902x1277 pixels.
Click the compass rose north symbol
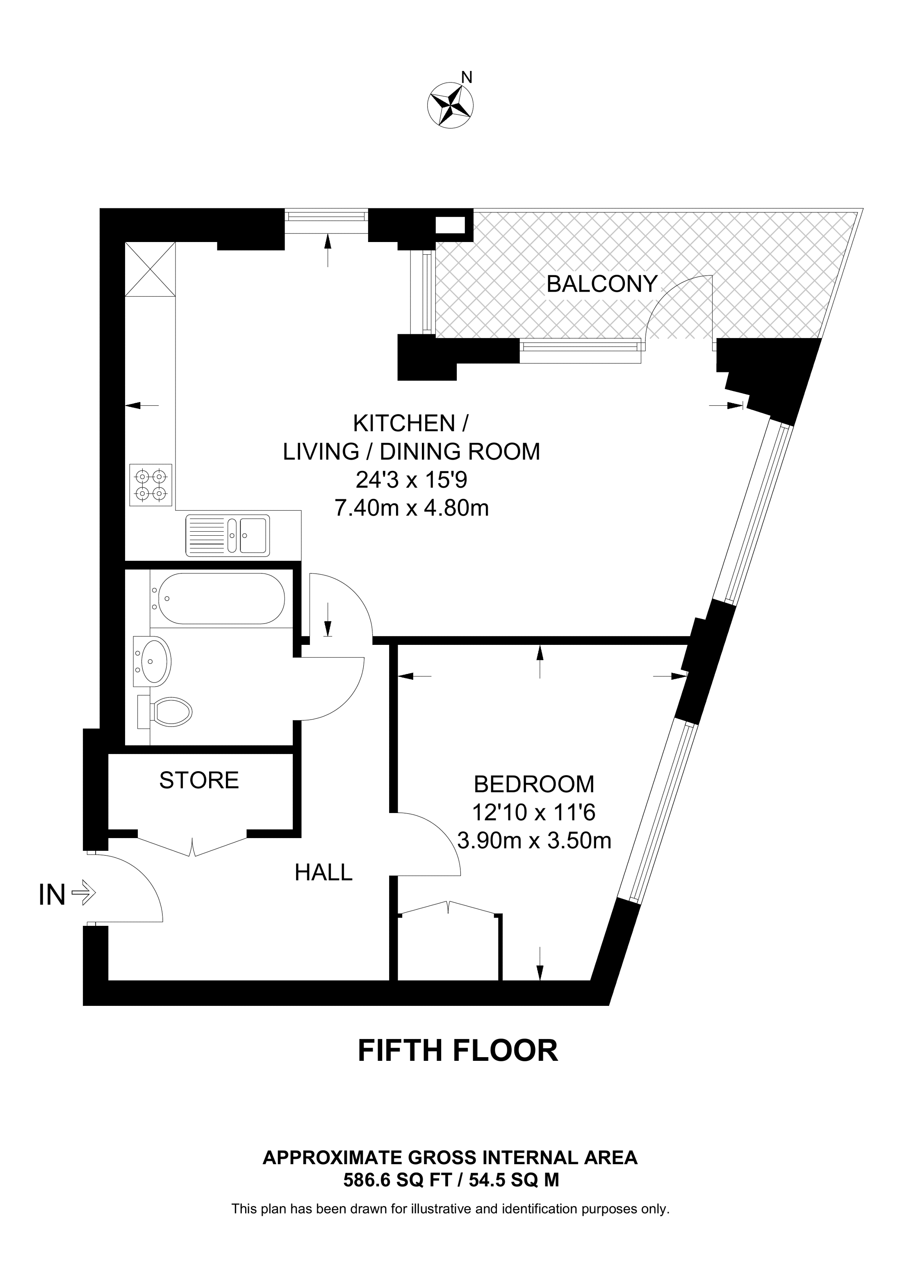(450, 103)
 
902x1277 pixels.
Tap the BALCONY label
(602, 284)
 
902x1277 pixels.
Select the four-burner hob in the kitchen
(150, 484)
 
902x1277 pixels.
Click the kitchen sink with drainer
(228, 535)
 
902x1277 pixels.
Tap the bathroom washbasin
(152, 661)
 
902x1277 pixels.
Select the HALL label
(323, 873)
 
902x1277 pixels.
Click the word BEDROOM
(534, 784)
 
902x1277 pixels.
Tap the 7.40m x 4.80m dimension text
(412, 508)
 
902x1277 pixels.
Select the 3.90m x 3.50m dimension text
(534, 841)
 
